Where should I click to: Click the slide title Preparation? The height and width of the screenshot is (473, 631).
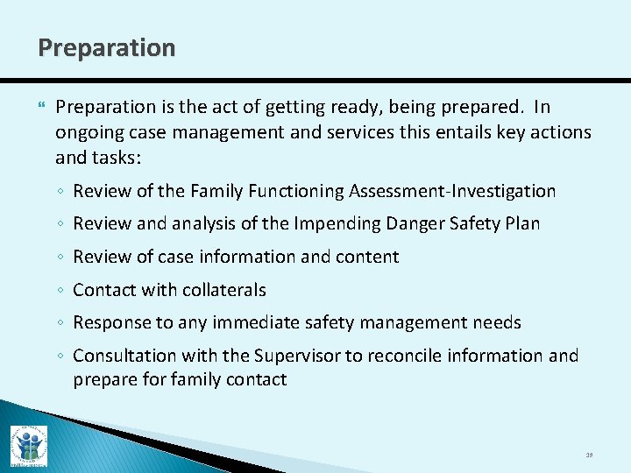[106, 47]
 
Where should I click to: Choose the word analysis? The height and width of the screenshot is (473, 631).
[204, 224]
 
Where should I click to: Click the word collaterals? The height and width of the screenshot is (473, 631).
[221, 290]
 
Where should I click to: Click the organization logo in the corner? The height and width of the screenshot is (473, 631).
[29, 445]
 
